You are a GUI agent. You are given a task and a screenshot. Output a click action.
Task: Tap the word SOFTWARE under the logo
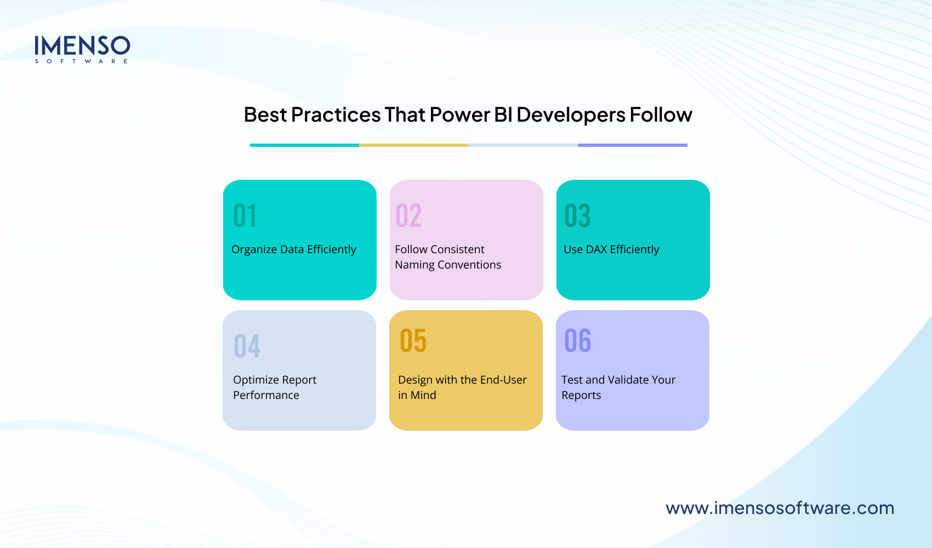pos(82,61)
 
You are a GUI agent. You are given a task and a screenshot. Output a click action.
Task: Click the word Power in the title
pos(459,115)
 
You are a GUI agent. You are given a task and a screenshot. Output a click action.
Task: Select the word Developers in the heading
pos(571,115)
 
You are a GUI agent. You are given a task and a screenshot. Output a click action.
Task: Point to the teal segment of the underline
pos(304,145)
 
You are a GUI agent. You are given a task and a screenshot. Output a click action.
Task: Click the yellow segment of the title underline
pos(413,145)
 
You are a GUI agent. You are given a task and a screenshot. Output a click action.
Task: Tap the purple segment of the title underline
pos(632,145)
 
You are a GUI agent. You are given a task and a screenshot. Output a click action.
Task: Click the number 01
pos(245,216)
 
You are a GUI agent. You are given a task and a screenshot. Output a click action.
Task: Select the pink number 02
pos(408,216)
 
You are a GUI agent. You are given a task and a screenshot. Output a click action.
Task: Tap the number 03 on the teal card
pos(577,216)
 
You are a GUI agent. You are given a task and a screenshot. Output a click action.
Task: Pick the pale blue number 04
pos(247,346)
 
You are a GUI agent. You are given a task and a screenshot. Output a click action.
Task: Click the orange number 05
pos(413,341)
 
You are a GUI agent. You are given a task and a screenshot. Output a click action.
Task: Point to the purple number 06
pos(577,341)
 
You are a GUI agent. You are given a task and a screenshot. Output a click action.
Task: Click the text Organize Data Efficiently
pos(293,250)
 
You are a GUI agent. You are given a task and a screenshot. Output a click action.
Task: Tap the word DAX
pos(596,250)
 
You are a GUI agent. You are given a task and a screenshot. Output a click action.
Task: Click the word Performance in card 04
pos(266,395)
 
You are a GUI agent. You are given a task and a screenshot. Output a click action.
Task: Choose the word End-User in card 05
pos(503,380)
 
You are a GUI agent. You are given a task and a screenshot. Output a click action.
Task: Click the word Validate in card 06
pos(628,380)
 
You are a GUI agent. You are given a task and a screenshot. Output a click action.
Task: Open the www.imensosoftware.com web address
pos(780,508)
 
